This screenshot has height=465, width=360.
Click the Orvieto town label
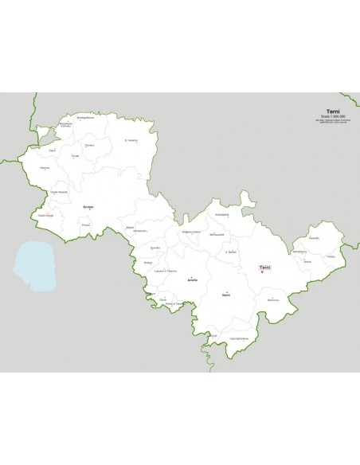click(88, 206)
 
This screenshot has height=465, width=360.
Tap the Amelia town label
click(191, 281)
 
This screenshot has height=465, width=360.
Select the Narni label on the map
click(226, 295)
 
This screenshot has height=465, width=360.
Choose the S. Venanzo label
click(131, 140)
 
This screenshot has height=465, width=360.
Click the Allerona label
click(45, 168)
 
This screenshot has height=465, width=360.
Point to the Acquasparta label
click(221, 214)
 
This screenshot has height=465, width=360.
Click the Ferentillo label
click(313, 237)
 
